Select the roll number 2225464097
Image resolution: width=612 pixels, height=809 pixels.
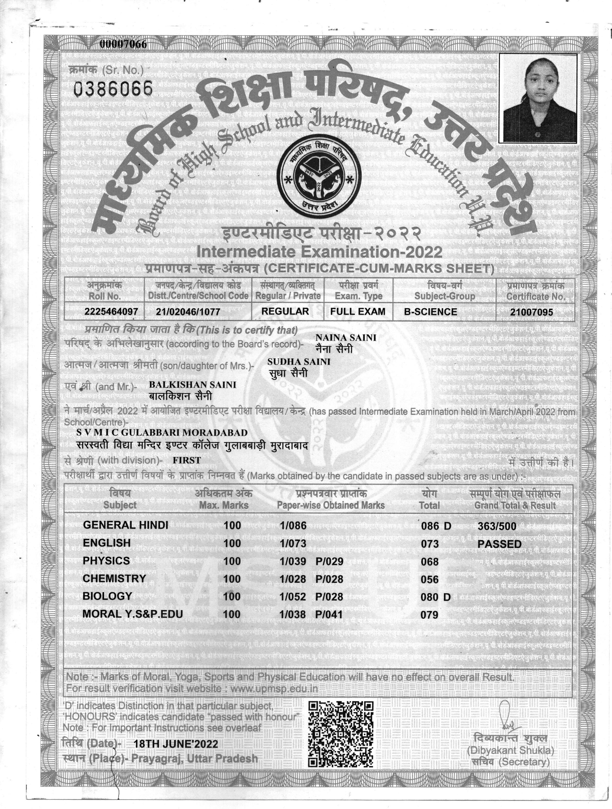[111, 312]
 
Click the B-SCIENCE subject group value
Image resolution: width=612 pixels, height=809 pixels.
[430, 312]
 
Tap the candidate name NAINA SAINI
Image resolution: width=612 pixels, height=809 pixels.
[346, 338]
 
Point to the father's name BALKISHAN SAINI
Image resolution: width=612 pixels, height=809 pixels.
[192, 385]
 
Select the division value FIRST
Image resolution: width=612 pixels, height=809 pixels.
[187, 460]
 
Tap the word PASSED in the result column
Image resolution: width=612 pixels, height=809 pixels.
[499, 544]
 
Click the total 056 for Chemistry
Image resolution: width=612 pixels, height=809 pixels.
[430, 579]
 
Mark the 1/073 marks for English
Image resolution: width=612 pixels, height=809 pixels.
[293, 543]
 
